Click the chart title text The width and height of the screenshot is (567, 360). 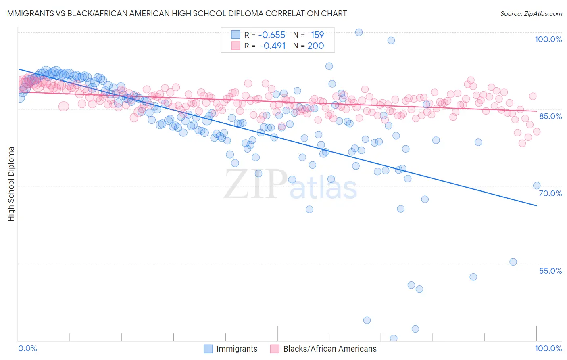click(176, 13)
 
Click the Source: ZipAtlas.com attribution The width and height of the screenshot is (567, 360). click(531, 13)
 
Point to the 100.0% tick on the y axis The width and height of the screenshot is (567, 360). click(548, 39)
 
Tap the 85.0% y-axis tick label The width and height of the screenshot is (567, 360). click(550, 116)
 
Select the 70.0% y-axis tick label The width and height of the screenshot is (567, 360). click(550, 193)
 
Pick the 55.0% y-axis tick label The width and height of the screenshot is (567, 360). click(550, 271)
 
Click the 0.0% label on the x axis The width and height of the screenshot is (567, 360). click(27, 348)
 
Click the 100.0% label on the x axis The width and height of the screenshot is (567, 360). click(548, 348)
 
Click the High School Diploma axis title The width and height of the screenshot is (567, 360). click(11, 184)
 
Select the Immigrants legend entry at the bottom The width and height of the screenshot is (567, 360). click(231, 349)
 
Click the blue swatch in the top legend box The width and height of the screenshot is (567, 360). click(236, 35)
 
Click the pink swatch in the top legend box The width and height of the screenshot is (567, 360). click(236, 46)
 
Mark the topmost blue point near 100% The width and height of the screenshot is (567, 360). click(359, 32)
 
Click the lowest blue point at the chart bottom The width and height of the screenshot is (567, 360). click(394, 338)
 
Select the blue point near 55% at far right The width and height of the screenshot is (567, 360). click(513, 262)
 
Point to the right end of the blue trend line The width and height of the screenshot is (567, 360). click(536, 206)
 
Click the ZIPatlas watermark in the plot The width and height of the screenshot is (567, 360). click(290, 185)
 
